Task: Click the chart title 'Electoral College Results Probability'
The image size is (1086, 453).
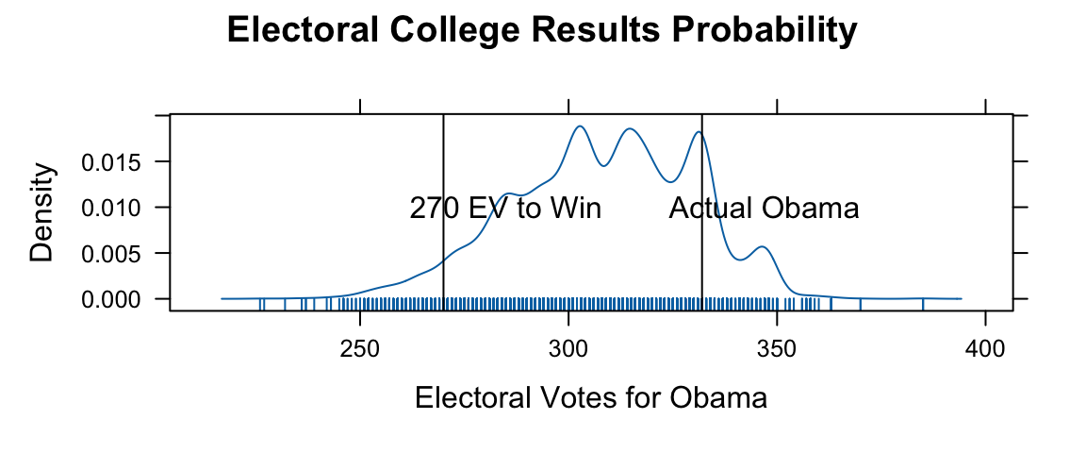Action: pos(542,31)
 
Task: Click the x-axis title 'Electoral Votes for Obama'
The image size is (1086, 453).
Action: pos(591,398)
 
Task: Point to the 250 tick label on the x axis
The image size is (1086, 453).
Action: pos(360,347)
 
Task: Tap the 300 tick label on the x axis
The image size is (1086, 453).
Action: pos(568,347)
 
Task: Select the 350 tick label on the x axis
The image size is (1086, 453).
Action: pos(777,347)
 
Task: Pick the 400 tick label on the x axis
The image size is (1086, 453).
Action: pos(985,347)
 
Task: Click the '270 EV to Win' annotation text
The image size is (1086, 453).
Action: pos(505,209)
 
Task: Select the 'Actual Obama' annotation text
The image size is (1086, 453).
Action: pos(764,209)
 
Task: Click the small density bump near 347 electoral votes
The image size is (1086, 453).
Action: pos(762,248)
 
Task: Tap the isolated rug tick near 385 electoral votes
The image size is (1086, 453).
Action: pos(923,303)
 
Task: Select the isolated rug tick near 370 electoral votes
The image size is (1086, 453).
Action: pos(861,303)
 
